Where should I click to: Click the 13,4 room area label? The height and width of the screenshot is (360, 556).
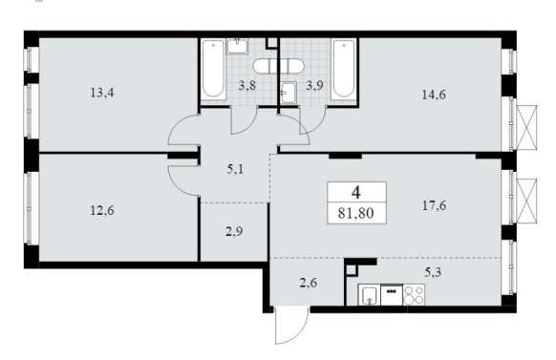pyautogui.click(x=102, y=94)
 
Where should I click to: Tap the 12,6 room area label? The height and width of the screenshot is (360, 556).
pyautogui.click(x=102, y=211)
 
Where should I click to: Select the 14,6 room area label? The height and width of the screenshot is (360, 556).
pyautogui.click(x=434, y=95)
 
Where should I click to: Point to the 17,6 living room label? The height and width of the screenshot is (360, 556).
pyautogui.click(x=434, y=205)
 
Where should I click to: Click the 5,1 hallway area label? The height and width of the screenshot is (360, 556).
pyautogui.click(x=235, y=169)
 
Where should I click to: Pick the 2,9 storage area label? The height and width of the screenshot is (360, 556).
pyautogui.click(x=234, y=232)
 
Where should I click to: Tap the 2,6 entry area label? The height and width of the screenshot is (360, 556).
pyautogui.click(x=309, y=283)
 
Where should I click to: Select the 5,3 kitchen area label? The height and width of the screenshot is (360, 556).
pyautogui.click(x=433, y=272)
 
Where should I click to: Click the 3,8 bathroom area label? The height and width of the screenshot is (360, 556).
pyautogui.click(x=246, y=86)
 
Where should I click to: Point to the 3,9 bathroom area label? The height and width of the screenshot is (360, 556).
pyautogui.click(x=314, y=86)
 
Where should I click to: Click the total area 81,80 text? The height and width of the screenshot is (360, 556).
pyautogui.click(x=355, y=214)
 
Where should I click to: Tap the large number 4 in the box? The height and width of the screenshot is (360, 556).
pyautogui.click(x=356, y=193)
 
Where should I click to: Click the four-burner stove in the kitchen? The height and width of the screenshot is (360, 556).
pyautogui.click(x=414, y=295)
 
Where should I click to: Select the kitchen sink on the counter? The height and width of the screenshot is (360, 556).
pyautogui.click(x=369, y=295)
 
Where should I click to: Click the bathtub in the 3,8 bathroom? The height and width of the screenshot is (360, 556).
pyautogui.click(x=213, y=69)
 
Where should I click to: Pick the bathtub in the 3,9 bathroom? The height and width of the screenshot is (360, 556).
pyautogui.click(x=344, y=69)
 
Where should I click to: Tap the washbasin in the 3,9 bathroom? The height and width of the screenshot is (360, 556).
pyautogui.click(x=289, y=93)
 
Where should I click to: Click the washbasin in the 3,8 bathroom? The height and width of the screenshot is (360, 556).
pyautogui.click(x=237, y=46)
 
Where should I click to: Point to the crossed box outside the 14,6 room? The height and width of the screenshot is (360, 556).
pyautogui.click(x=527, y=127)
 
